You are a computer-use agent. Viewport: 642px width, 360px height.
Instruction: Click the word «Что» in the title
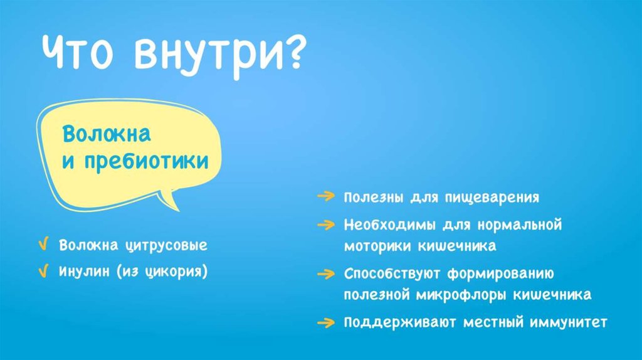77,51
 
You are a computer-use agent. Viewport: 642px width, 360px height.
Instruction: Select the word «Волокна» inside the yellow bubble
107,134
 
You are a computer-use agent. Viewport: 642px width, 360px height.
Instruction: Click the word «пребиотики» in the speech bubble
146,161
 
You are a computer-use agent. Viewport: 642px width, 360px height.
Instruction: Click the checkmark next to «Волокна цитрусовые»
43,244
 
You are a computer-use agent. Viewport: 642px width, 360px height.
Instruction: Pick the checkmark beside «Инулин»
43,271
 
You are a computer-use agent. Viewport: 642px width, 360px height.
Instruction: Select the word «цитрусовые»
166,246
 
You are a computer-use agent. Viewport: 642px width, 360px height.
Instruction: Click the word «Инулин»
85,272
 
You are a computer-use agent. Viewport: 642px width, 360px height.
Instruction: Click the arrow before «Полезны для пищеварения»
326,196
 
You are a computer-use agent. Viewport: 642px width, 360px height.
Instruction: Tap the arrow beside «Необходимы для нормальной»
326,225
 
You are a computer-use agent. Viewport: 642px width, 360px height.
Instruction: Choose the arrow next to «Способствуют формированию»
326,273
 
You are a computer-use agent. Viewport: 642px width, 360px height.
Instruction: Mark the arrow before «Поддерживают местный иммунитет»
326,323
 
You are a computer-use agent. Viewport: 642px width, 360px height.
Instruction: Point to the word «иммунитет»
568,322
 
